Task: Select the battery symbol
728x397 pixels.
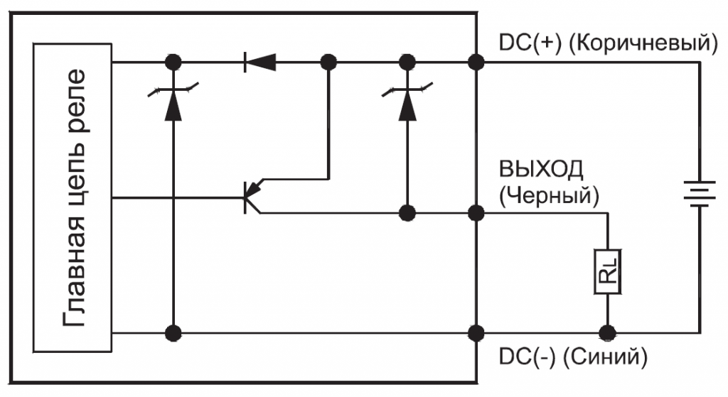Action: coord(700,192)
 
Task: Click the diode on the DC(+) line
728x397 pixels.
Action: coord(259,62)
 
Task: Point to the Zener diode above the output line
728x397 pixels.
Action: coord(407,103)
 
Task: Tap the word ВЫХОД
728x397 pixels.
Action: coord(542,170)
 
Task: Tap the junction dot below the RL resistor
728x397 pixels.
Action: coord(608,332)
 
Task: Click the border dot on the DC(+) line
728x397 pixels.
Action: coord(476,62)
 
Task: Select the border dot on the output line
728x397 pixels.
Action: coord(476,212)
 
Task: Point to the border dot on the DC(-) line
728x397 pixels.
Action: coord(476,332)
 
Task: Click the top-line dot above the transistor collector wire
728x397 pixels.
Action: coord(328,62)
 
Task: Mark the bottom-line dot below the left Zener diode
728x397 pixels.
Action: coord(171,332)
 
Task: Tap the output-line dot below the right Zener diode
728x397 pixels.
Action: coord(407,212)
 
